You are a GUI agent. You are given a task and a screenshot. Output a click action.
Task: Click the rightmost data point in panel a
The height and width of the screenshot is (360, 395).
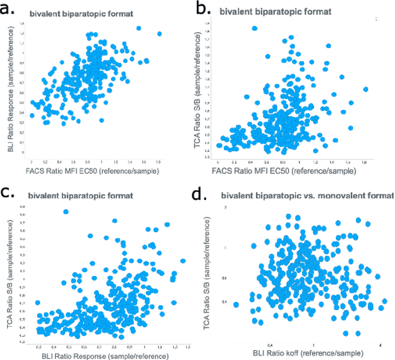(x=159, y=34)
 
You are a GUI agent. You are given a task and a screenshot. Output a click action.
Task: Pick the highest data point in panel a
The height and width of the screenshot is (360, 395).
(x=138, y=28)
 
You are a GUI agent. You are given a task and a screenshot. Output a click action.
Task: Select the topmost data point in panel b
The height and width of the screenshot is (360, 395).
(x=254, y=28)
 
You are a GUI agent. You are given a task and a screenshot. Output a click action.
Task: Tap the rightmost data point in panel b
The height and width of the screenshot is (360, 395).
(x=365, y=90)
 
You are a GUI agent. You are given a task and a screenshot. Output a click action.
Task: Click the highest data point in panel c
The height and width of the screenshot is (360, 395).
(x=66, y=212)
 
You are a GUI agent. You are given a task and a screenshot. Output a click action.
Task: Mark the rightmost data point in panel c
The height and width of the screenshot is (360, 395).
(x=183, y=261)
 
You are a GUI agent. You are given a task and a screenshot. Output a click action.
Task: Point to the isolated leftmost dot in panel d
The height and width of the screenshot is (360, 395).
(x=236, y=304)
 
